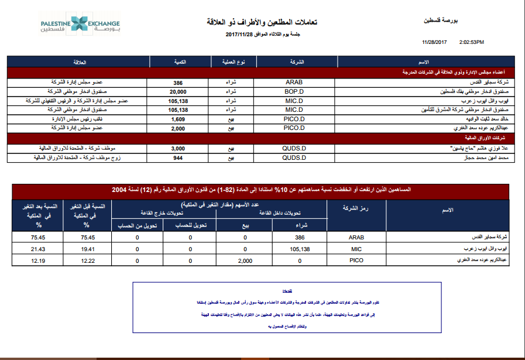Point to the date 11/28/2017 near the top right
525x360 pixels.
click(x=434, y=42)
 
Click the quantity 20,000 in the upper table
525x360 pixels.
click(x=178, y=92)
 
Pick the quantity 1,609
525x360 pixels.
click(x=178, y=118)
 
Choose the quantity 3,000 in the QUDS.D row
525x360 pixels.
click(x=178, y=149)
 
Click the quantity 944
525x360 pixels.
click(x=178, y=157)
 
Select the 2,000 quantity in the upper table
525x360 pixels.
click(x=178, y=127)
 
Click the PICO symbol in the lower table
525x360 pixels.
click(x=356, y=259)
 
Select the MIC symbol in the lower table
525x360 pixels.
click(x=356, y=249)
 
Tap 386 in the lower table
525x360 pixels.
click(x=300, y=238)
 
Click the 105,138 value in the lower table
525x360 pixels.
click(x=300, y=249)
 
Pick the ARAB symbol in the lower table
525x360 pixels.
click(x=356, y=238)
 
